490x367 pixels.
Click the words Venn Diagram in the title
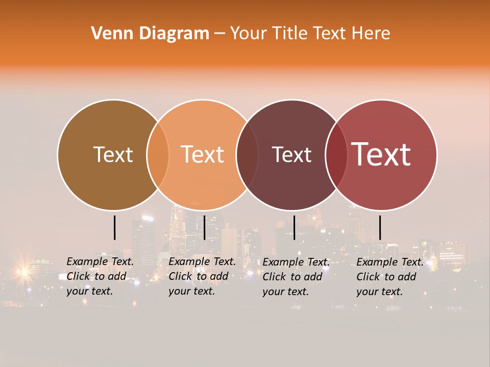pos(150,34)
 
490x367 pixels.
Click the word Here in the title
pos(371,34)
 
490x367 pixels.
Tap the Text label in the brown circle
pos(113,154)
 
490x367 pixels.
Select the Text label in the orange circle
pos(203,154)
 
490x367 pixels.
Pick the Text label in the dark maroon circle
pos(291,154)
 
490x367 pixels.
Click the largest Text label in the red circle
pos(381,154)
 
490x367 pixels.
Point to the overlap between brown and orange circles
pos(158,154)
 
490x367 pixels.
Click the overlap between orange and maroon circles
pos(247,154)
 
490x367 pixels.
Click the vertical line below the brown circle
pos(114,227)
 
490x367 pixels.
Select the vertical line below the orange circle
pos(204,227)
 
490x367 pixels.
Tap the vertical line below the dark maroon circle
pos(294,227)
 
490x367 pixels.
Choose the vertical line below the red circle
pos(380,227)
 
